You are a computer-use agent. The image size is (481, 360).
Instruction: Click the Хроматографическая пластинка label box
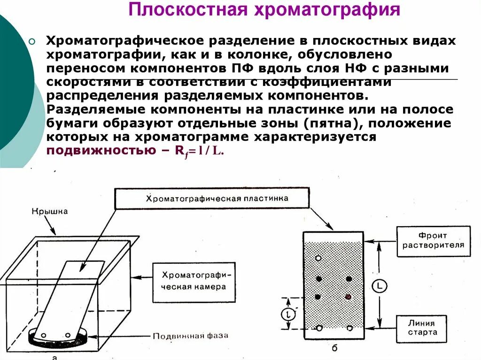pyautogui.click(x=212, y=199)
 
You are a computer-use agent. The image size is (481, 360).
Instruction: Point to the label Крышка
pyautogui.click(x=50, y=211)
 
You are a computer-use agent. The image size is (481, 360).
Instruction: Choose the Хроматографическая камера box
pyautogui.click(x=194, y=280)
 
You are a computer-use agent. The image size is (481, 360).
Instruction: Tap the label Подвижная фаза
pyautogui.click(x=190, y=336)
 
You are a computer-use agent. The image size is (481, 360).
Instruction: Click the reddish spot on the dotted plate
pyautogui.click(x=348, y=297)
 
